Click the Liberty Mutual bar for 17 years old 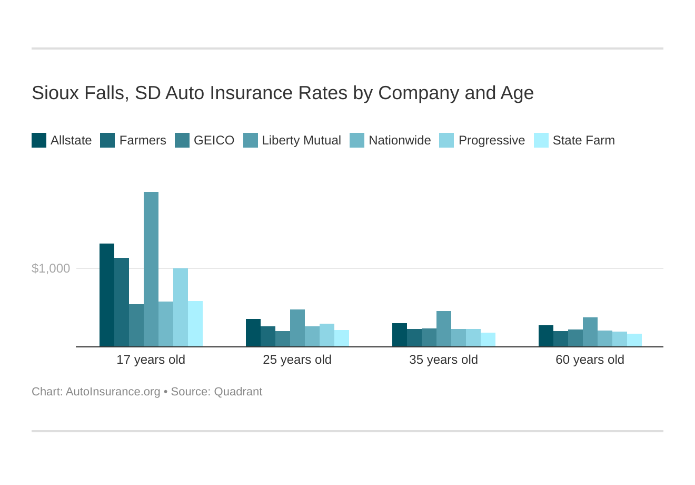tap(151, 269)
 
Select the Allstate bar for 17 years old tap(107, 295)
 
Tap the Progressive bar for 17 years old tap(181, 307)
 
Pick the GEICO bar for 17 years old tap(136, 325)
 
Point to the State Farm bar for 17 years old tap(195, 324)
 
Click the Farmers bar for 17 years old tap(122, 302)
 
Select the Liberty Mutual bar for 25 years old tap(297, 328)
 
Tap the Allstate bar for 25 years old tap(253, 333)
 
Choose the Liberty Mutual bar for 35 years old tap(444, 329)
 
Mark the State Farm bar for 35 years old tap(488, 339)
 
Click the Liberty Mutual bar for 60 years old tap(590, 332)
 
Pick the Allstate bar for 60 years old tap(546, 336)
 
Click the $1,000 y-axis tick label tap(51, 268)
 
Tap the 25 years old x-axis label tap(297, 360)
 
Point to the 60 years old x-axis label tap(590, 360)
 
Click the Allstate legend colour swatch tap(39, 140)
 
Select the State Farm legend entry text tap(583, 140)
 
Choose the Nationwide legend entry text tap(400, 140)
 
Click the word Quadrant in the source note tap(238, 392)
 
